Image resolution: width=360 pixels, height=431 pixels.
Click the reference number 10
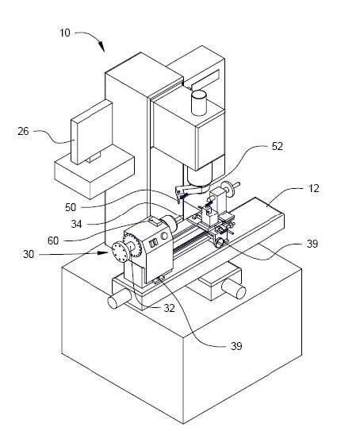coord(65,33)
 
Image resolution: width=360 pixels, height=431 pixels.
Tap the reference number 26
coord(23,131)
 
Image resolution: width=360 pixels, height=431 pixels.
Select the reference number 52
coord(278,146)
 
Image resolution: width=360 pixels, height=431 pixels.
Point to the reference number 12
coord(314,189)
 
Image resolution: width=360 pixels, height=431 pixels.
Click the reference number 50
coord(71,207)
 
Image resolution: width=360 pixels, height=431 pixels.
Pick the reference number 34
coord(76,224)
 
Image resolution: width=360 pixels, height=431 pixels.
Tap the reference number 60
coord(53,241)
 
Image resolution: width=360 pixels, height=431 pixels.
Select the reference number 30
coord(29,254)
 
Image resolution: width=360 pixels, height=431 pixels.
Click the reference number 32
coord(169,309)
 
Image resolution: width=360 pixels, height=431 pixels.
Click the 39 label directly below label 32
coord(236,346)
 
